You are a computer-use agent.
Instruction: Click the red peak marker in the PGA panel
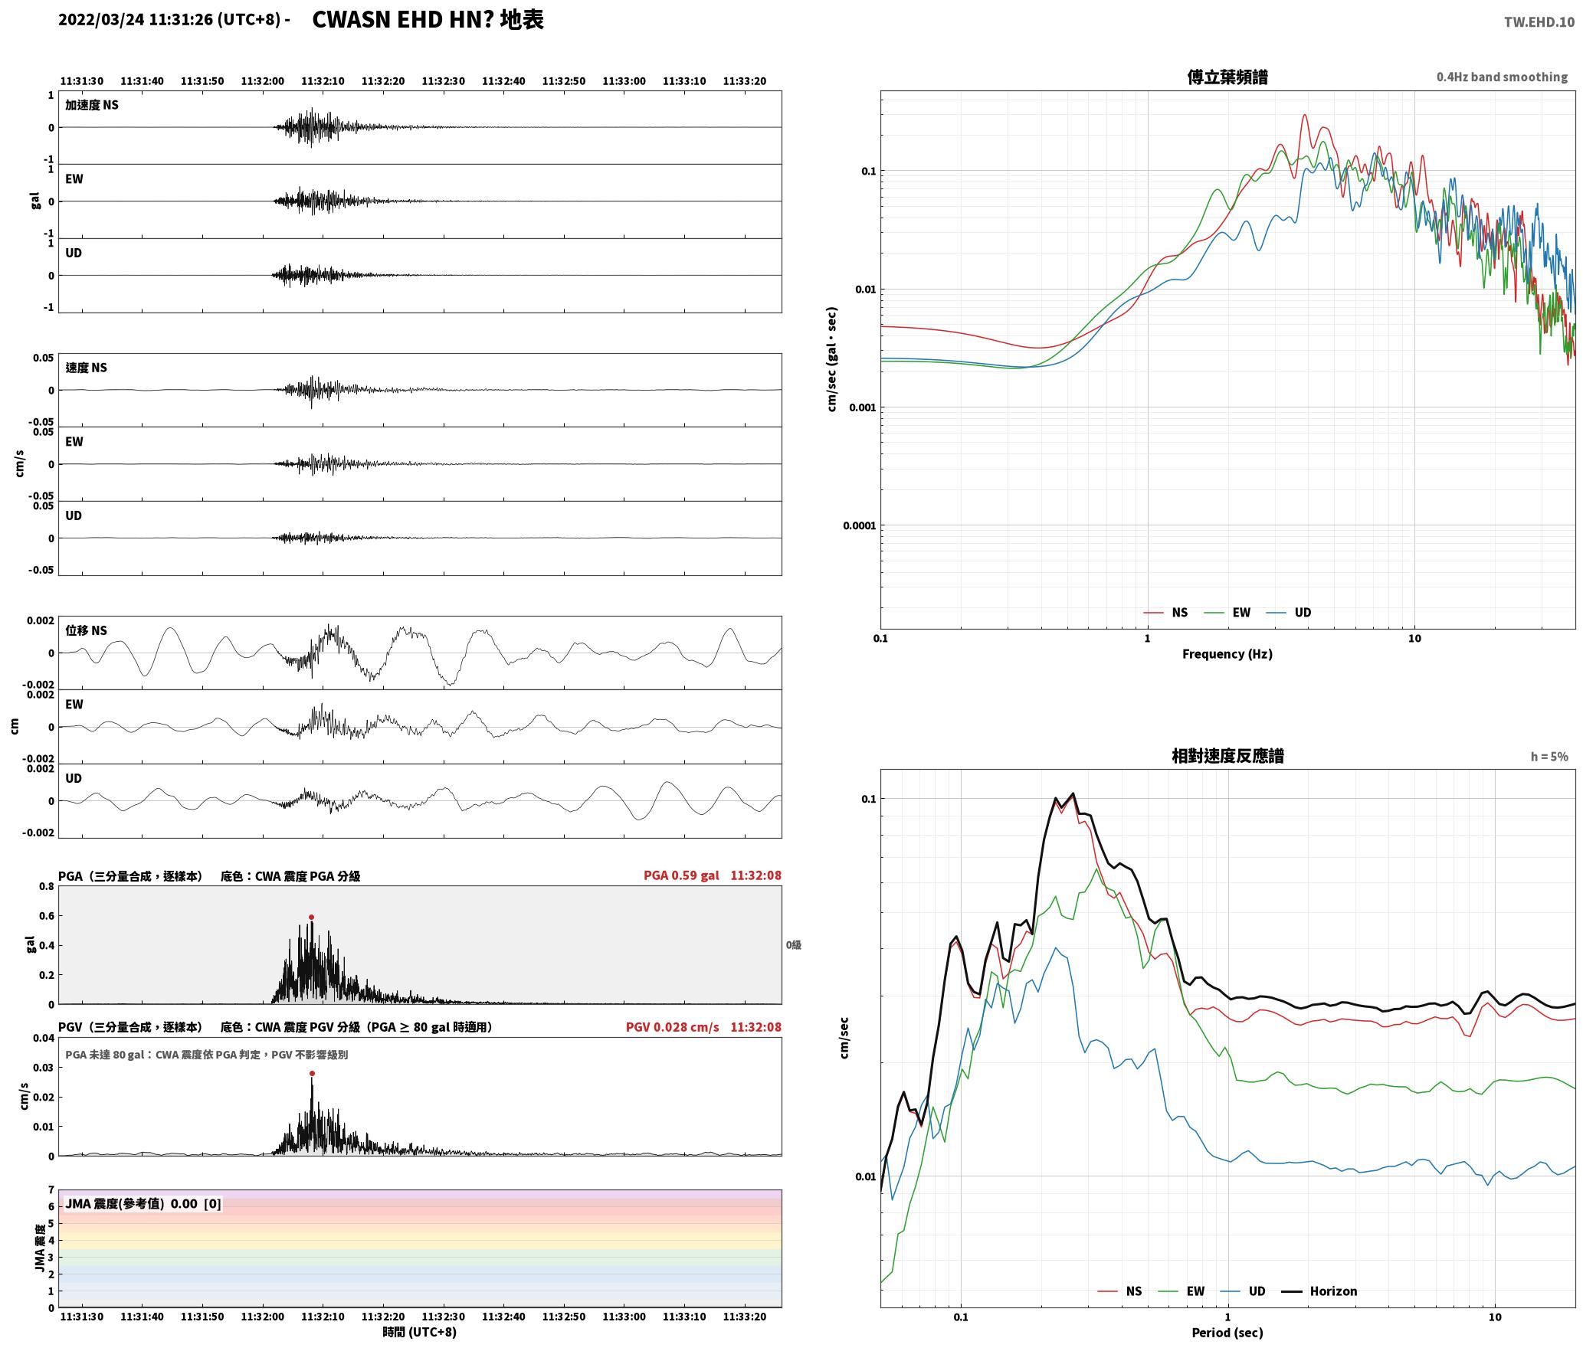pyautogui.click(x=311, y=917)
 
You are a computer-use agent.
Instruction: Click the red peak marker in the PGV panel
pyautogui.click(x=312, y=1073)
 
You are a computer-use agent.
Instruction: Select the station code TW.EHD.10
pyautogui.click(x=1539, y=21)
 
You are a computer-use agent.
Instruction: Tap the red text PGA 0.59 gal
pyautogui.click(x=681, y=875)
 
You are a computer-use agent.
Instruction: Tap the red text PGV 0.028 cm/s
pyautogui.click(x=672, y=1027)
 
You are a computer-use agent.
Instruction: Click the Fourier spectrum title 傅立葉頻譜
pyautogui.click(x=1227, y=77)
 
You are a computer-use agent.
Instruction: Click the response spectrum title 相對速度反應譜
pyautogui.click(x=1227, y=756)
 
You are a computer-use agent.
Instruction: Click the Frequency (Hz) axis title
pyautogui.click(x=1227, y=654)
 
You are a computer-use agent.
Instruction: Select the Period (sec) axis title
pyautogui.click(x=1227, y=1333)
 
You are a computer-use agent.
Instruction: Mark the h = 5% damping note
pyautogui.click(x=1549, y=757)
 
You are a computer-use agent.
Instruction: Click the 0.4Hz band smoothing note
pyautogui.click(x=1502, y=77)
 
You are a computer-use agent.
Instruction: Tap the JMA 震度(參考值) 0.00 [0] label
pyautogui.click(x=143, y=1203)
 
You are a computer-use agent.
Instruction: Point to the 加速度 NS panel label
pyautogui.click(x=92, y=105)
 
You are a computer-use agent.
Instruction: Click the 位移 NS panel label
pyautogui.click(x=86, y=630)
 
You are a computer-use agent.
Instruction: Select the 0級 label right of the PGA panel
pyautogui.click(x=793, y=945)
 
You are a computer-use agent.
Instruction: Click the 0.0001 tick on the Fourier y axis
pyautogui.click(x=858, y=525)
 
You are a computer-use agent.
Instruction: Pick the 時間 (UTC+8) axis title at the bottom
pyautogui.click(x=420, y=1332)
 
